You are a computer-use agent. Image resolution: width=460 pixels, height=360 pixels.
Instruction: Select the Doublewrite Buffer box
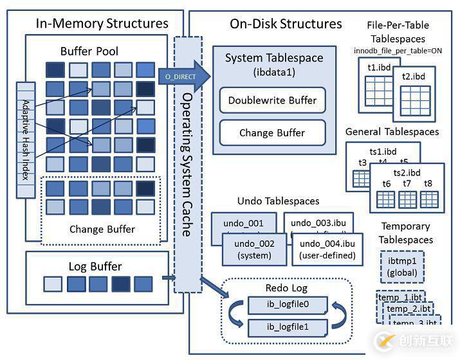tap(272, 100)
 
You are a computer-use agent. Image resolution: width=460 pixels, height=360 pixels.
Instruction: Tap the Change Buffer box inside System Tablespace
tap(272, 133)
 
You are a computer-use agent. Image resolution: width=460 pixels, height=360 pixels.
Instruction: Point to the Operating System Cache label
tap(187, 164)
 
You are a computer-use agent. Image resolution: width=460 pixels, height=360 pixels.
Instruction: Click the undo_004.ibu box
tap(327, 249)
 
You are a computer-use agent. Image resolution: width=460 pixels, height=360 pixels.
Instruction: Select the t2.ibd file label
tap(413, 76)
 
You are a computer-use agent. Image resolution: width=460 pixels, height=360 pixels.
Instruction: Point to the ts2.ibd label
tap(407, 172)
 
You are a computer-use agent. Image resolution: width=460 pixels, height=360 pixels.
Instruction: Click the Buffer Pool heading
tap(89, 51)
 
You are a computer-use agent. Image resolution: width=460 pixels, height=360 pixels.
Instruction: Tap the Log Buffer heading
tap(95, 266)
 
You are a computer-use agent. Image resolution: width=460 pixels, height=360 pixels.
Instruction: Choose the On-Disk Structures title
tap(286, 24)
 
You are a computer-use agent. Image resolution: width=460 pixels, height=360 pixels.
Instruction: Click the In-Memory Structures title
tap(102, 24)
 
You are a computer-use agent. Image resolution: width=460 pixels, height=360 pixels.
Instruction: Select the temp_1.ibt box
tap(400, 298)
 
